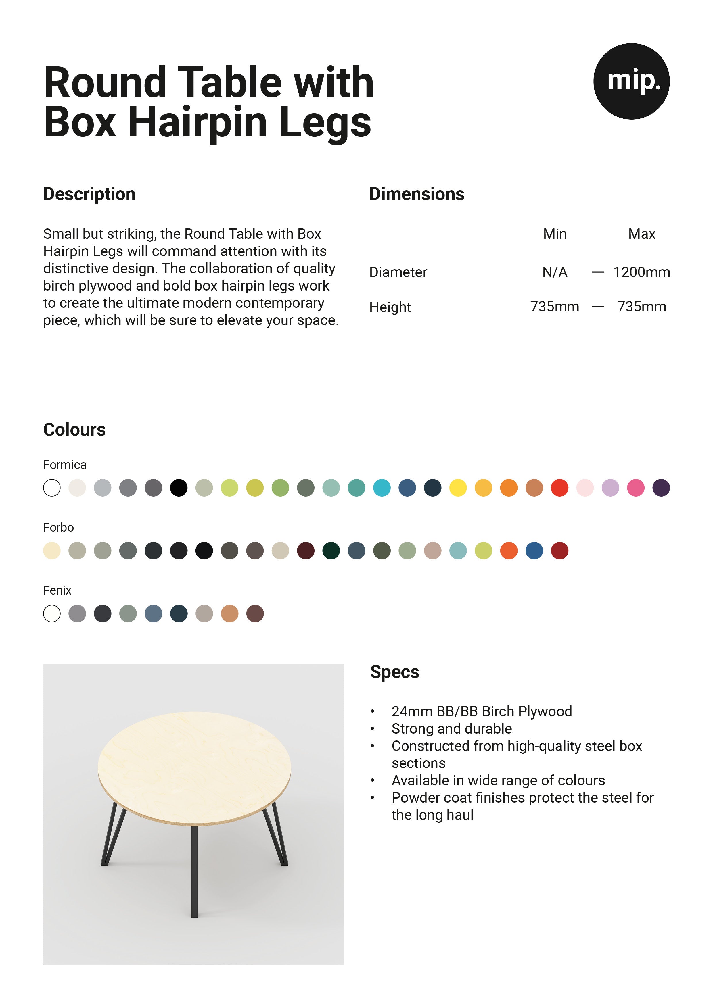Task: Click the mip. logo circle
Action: (631, 81)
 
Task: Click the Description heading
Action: (89, 194)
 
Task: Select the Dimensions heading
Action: (417, 194)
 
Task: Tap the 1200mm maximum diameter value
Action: (641, 272)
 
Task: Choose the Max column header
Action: (641, 234)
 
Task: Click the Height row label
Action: (390, 307)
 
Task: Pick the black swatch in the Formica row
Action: (179, 488)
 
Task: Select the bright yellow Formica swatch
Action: (458, 488)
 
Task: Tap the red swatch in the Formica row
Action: (560, 488)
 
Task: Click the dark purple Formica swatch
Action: (661, 488)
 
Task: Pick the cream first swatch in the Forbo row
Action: (52, 551)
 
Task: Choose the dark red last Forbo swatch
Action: (560, 551)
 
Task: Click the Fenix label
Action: (57, 590)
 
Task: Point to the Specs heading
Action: (394, 672)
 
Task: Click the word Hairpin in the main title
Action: (198, 122)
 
